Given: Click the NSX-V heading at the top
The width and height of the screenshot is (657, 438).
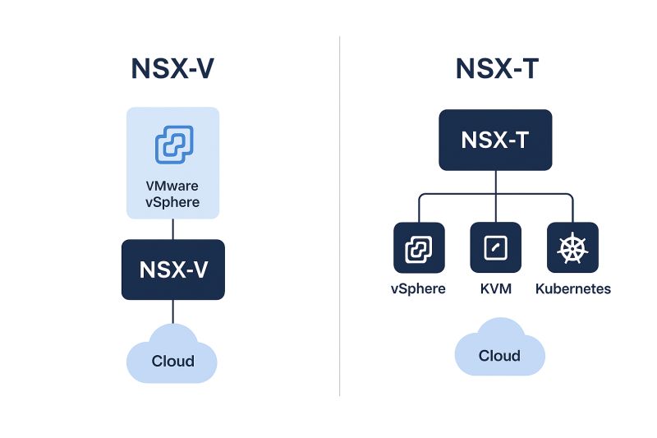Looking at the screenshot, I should tap(172, 69).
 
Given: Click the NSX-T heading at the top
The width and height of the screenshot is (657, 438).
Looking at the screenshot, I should tap(497, 69).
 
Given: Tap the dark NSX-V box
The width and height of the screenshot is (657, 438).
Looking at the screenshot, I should tap(172, 270).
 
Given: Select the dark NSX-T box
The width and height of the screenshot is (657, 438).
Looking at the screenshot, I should tap(494, 141).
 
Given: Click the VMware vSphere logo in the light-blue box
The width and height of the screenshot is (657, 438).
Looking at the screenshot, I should tap(174, 145).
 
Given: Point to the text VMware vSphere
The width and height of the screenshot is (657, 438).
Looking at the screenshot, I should tap(172, 194).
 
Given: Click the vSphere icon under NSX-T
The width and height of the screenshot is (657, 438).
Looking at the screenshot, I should tap(419, 247).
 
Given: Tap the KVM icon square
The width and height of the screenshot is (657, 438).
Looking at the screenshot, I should tap(495, 247).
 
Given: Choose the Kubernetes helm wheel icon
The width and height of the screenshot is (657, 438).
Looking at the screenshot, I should tap(572, 247).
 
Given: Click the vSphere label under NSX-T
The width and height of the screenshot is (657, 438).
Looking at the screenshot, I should tap(419, 289).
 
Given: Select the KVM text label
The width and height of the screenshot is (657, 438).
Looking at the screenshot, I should tap(495, 289).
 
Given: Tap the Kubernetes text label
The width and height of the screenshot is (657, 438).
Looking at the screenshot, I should tap(572, 289).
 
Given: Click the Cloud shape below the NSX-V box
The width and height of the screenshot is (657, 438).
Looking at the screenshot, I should tap(172, 357).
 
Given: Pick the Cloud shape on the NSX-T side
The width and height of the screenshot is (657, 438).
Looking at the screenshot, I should tap(499, 352).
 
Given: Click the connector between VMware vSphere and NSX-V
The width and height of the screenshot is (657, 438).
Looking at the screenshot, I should tap(172, 229).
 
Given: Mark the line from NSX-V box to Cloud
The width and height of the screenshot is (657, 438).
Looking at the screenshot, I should tap(172, 312).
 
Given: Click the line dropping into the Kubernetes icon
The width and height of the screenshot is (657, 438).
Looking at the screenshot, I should tap(572, 209).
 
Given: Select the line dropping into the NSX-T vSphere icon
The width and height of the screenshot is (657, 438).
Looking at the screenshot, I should tap(419, 209).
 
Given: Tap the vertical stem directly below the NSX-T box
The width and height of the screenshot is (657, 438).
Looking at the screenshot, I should tap(495, 182).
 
